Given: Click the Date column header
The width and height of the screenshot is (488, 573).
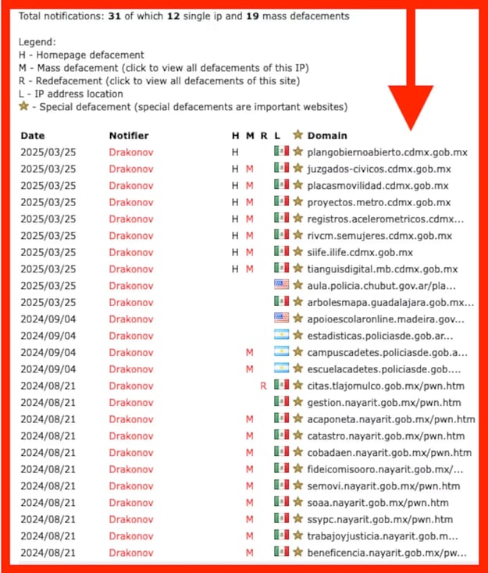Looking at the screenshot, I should (33, 136).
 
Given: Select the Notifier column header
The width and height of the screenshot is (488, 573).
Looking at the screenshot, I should (129, 136).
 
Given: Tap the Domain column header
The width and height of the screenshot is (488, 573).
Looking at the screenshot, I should (327, 136).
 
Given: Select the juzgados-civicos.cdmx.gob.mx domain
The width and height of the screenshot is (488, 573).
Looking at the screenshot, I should (379, 169).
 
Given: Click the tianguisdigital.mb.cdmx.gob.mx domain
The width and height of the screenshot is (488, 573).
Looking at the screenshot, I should (382, 269).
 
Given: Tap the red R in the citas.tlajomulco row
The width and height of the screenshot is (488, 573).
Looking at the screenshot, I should (264, 386).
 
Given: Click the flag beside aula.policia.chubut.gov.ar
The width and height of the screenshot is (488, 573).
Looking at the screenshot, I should (282, 285).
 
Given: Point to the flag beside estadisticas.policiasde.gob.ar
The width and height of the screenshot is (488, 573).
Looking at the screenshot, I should (282, 336).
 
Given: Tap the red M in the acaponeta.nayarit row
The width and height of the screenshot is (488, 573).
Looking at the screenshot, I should (249, 419).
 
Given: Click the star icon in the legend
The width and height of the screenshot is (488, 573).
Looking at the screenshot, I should (25, 106).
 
